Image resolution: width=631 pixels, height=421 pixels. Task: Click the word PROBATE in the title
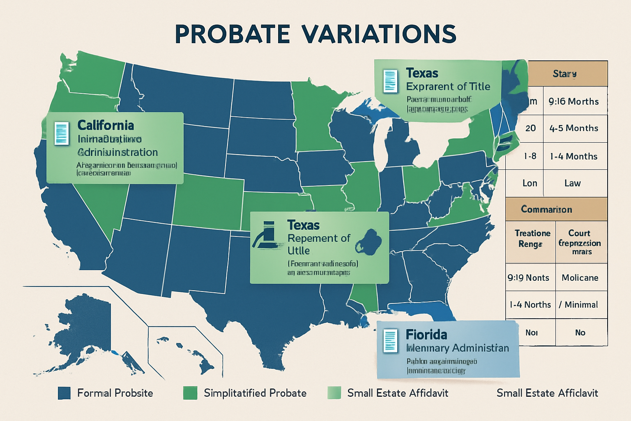232,34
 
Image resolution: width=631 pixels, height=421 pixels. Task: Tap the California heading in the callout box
106,125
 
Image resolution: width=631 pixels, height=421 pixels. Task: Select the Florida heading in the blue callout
426,335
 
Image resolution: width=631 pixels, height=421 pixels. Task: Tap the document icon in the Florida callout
390,341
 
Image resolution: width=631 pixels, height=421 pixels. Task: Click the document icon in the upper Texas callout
390,81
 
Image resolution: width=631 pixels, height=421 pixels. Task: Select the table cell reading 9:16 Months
573,101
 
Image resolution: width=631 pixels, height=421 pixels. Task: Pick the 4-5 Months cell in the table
573,128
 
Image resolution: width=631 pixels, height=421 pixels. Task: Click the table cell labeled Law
572,183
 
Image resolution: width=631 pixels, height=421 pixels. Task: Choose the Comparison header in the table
546,209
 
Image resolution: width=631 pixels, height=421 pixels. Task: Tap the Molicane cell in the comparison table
580,278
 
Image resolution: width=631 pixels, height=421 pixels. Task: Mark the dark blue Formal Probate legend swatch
64,393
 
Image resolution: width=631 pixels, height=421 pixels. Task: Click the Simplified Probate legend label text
255,393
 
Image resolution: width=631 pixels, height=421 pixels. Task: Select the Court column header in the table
580,242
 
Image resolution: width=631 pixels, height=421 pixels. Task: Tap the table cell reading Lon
530,183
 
